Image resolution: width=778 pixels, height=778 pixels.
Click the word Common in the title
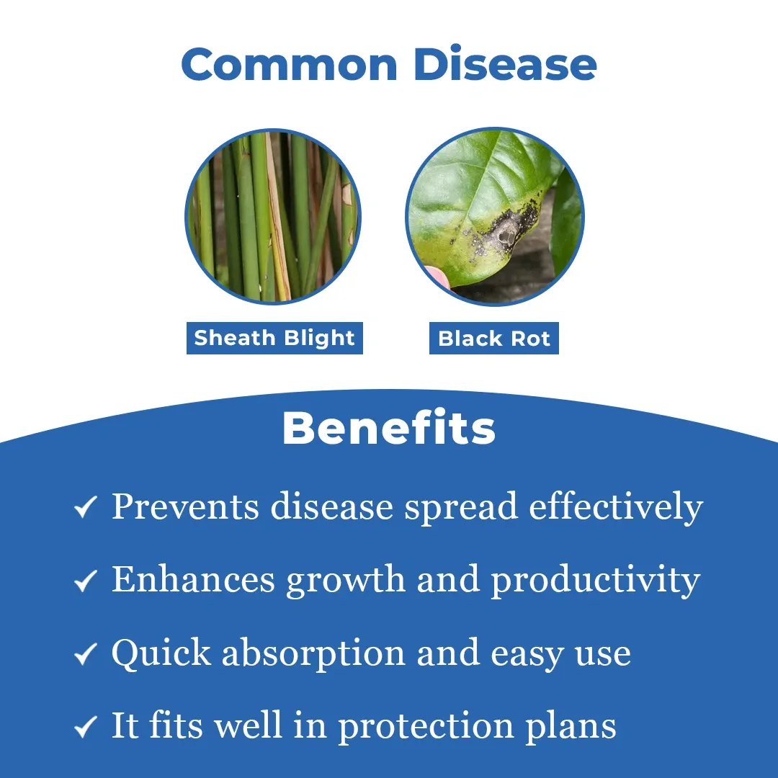click(290, 64)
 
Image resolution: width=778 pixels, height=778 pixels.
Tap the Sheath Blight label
click(274, 338)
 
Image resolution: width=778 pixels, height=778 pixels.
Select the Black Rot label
click(494, 339)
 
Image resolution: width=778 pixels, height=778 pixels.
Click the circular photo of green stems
click(273, 217)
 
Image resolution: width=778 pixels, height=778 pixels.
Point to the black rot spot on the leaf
click(506, 230)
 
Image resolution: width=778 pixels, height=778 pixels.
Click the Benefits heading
click(389, 428)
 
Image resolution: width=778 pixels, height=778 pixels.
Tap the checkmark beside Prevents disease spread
click(85, 506)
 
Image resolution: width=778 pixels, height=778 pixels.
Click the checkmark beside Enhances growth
click(85, 580)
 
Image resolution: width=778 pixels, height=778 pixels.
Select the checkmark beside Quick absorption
click(85, 653)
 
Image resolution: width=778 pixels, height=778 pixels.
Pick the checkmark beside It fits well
click(85, 726)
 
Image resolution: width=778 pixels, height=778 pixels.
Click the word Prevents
click(185, 507)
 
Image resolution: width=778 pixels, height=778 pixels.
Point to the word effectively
click(616, 507)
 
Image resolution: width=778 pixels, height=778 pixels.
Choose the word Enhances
click(193, 579)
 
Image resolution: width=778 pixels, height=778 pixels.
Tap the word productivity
click(596, 581)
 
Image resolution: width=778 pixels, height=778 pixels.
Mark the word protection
click(426, 727)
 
